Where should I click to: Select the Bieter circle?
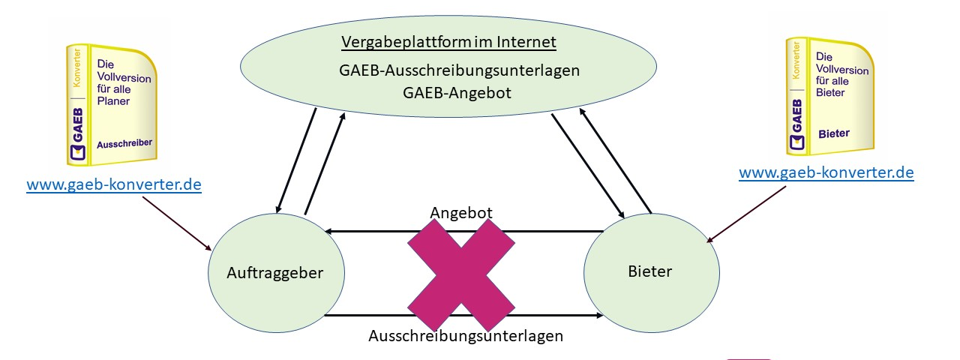[650, 271]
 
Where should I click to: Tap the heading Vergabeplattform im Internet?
[448, 42]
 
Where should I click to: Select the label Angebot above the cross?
[461, 213]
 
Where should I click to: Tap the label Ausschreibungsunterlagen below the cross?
[465, 336]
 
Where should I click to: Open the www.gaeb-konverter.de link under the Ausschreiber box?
[114, 184]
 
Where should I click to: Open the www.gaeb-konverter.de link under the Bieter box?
[826, 172]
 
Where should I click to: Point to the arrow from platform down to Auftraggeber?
[296, 157]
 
